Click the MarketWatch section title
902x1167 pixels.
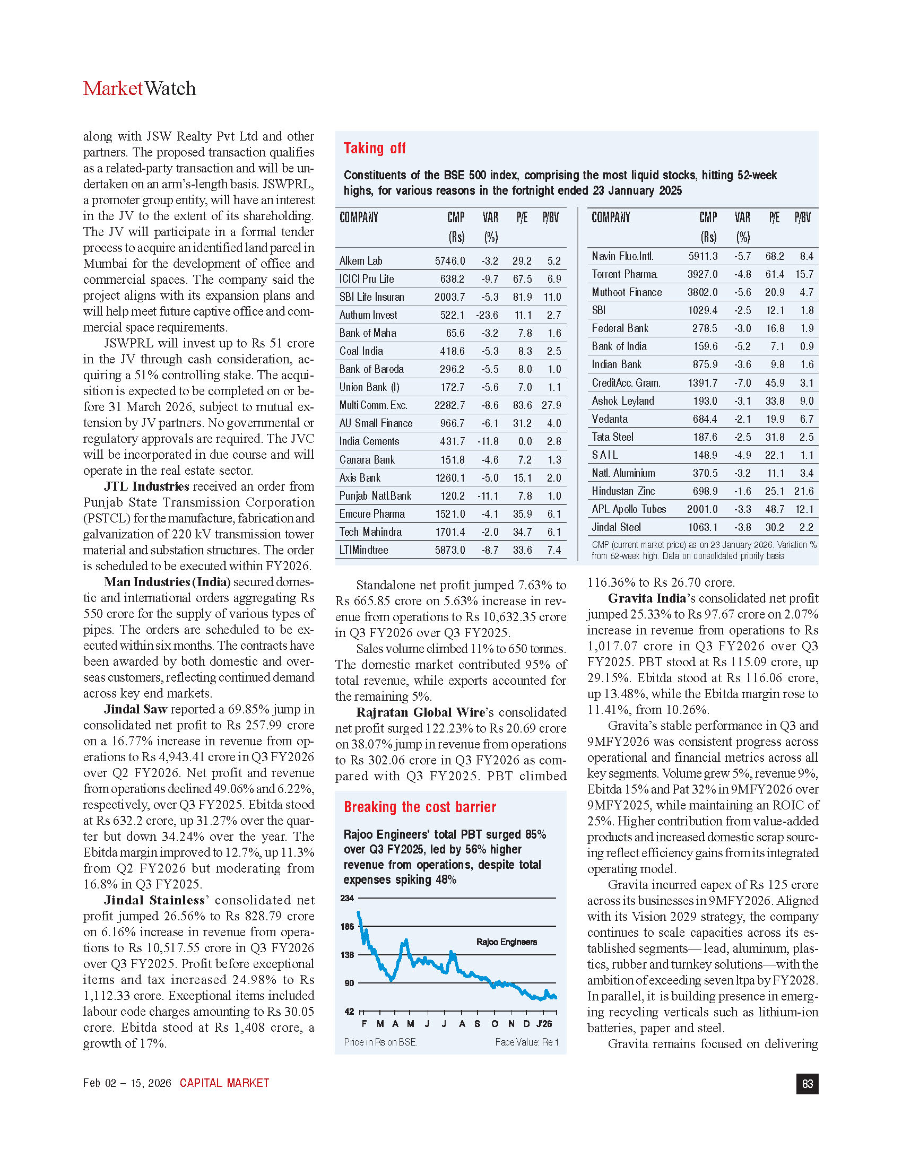pos(140,89)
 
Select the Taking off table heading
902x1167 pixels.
pos(374,148)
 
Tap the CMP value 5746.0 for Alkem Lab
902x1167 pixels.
pos(449,261)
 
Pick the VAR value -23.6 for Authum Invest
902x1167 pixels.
pos(487,315)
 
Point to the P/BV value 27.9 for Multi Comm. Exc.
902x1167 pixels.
pos(551,405)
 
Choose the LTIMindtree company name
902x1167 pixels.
pos(363,550)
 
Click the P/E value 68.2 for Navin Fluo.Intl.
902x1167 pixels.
pos(774,257)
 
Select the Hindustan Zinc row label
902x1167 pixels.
pos(623,491)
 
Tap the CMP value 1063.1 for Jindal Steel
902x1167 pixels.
pos(702,527)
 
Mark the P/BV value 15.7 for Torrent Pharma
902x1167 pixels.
pos(804,275)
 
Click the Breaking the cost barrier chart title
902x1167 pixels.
pos(420,807)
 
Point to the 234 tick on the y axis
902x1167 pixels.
pos(348,898)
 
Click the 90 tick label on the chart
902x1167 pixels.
pos(349,983)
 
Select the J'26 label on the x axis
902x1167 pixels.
pos(544,1024)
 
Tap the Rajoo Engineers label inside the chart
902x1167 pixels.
pos(506,942)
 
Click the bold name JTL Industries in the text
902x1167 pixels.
pos(146,486)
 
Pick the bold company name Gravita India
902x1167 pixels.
pos(647,598)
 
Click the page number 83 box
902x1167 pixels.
pos(807,1084)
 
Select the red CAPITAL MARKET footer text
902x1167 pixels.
pos(224,1083)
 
